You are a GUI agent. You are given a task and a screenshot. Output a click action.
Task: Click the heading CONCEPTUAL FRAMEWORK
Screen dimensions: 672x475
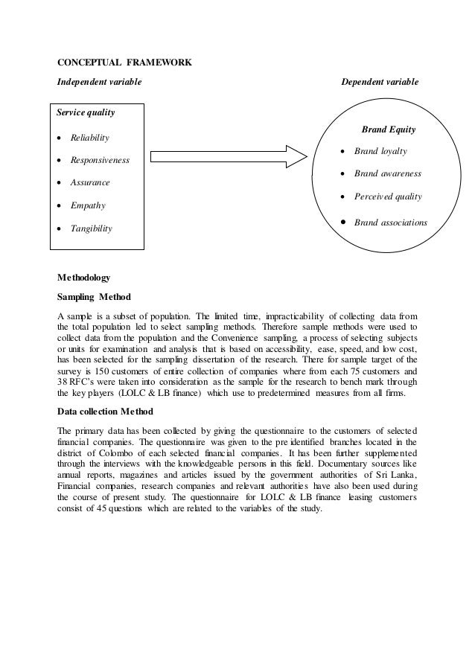coord(124,62)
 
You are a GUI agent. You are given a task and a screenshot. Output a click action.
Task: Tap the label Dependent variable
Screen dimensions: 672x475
coord(379,81)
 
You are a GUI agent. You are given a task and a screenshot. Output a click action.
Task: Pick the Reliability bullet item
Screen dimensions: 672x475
coord(89,138)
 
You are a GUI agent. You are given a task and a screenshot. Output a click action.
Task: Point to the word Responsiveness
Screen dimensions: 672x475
coord(100,160)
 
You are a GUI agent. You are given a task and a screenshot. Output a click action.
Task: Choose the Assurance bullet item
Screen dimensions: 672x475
coord(90,182)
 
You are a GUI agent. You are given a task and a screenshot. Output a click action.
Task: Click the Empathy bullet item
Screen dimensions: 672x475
coord(88,205)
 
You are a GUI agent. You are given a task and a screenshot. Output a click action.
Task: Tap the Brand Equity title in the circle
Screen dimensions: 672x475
coord(388,129)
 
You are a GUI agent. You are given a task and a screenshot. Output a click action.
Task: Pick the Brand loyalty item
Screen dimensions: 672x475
coord(380,151)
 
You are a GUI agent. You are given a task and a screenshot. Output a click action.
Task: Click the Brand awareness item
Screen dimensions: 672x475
coord(387,174)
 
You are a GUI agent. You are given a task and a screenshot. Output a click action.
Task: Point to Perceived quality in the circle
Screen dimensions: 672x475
coord(387,197)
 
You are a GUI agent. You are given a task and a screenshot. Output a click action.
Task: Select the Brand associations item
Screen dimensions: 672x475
coord(390,222)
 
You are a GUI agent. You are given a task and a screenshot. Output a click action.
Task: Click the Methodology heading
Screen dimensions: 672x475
coord(84,278)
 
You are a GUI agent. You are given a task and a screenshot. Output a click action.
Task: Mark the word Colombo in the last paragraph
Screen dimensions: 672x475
coord(114,454)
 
